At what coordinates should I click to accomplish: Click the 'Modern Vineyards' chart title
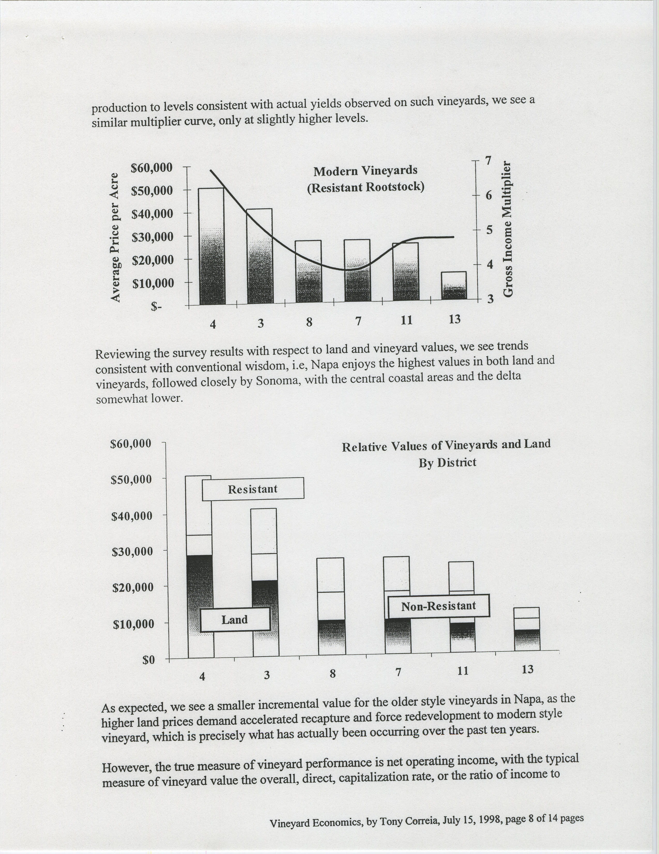(x=365, y=171)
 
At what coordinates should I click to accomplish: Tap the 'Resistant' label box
(x=253, y=489)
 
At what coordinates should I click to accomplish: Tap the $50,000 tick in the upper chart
(x=152, y=191)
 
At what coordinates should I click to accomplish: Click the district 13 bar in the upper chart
(x=454, y=285)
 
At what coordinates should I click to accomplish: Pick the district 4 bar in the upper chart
(x=211, y=246)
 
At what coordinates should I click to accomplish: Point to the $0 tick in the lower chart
(x=149, y=660)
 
